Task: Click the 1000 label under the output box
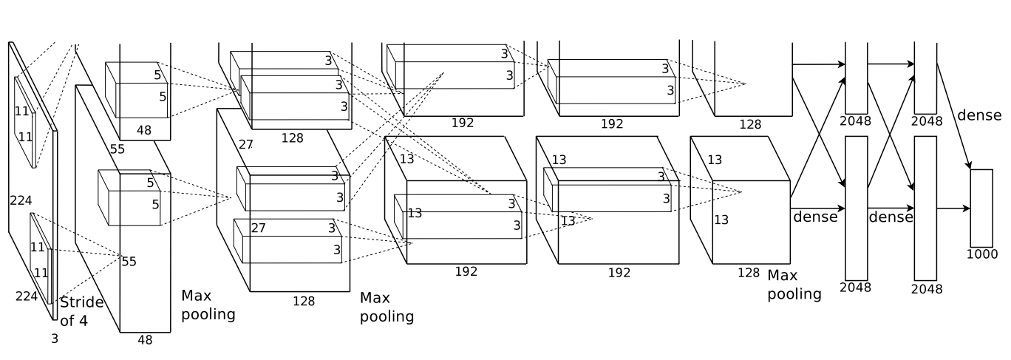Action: point(982,254)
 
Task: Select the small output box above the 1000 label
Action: point(981,208)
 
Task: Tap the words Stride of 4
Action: point(81,311)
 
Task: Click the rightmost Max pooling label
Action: point(794,285)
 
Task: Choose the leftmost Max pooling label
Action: point(208,305)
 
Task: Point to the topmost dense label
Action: point(979,115)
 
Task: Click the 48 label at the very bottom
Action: point(145,340)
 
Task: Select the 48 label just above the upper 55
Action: point(144,130)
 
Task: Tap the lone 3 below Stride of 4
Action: point(55,339)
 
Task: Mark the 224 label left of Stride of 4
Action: point(27,296)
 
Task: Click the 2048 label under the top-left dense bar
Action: point(855,121)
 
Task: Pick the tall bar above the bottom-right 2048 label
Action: point(925,208)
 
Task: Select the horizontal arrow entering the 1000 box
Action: point(953,208)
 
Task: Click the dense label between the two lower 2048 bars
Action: point(891,217)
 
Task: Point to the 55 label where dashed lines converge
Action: point(129,262)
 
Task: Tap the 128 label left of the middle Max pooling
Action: point(304,301)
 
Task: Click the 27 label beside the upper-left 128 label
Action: point(245,145)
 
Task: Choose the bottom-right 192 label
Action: point(619,272)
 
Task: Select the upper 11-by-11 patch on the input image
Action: point(25,122)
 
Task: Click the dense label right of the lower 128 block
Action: point(815,217)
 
